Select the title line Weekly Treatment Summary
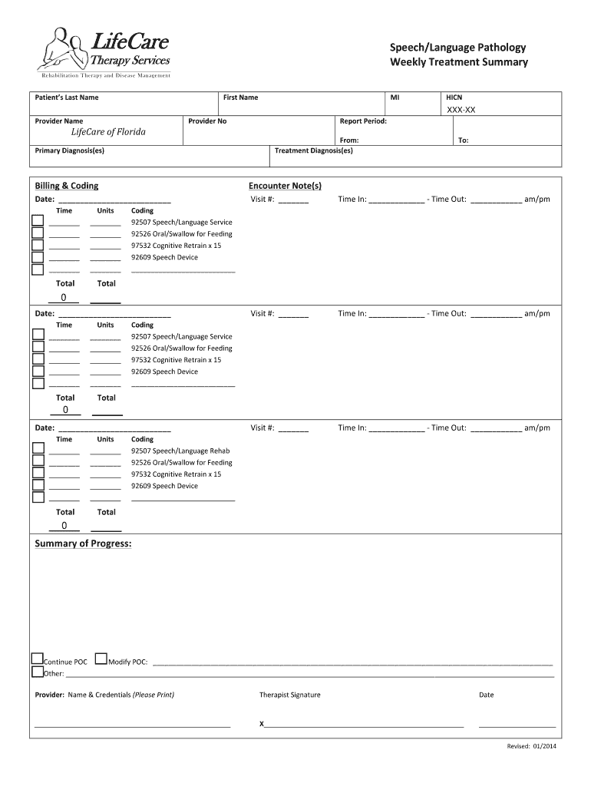[x=458, y=62]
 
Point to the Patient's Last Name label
[x=67, y=97]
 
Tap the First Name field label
[x=240, y=97]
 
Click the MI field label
[x=395, y=97]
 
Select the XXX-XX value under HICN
[x=461, y=111]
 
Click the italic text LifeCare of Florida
[x=103, y=132]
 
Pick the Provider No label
[x=207, y=121]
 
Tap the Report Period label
[x=363, y=121]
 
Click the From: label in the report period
[x=349, y=140]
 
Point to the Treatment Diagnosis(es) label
[x=314, y=150]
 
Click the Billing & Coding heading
[x=67, y=186]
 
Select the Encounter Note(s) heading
[x=285, y=186]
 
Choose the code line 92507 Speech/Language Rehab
[x=180, y=451]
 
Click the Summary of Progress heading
[x=83, y=544]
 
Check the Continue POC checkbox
[x=37, y=659]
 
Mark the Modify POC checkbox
[x=101, y=659]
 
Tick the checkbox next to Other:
[x=37, y=672]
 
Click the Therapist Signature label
[x=290, y=695]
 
